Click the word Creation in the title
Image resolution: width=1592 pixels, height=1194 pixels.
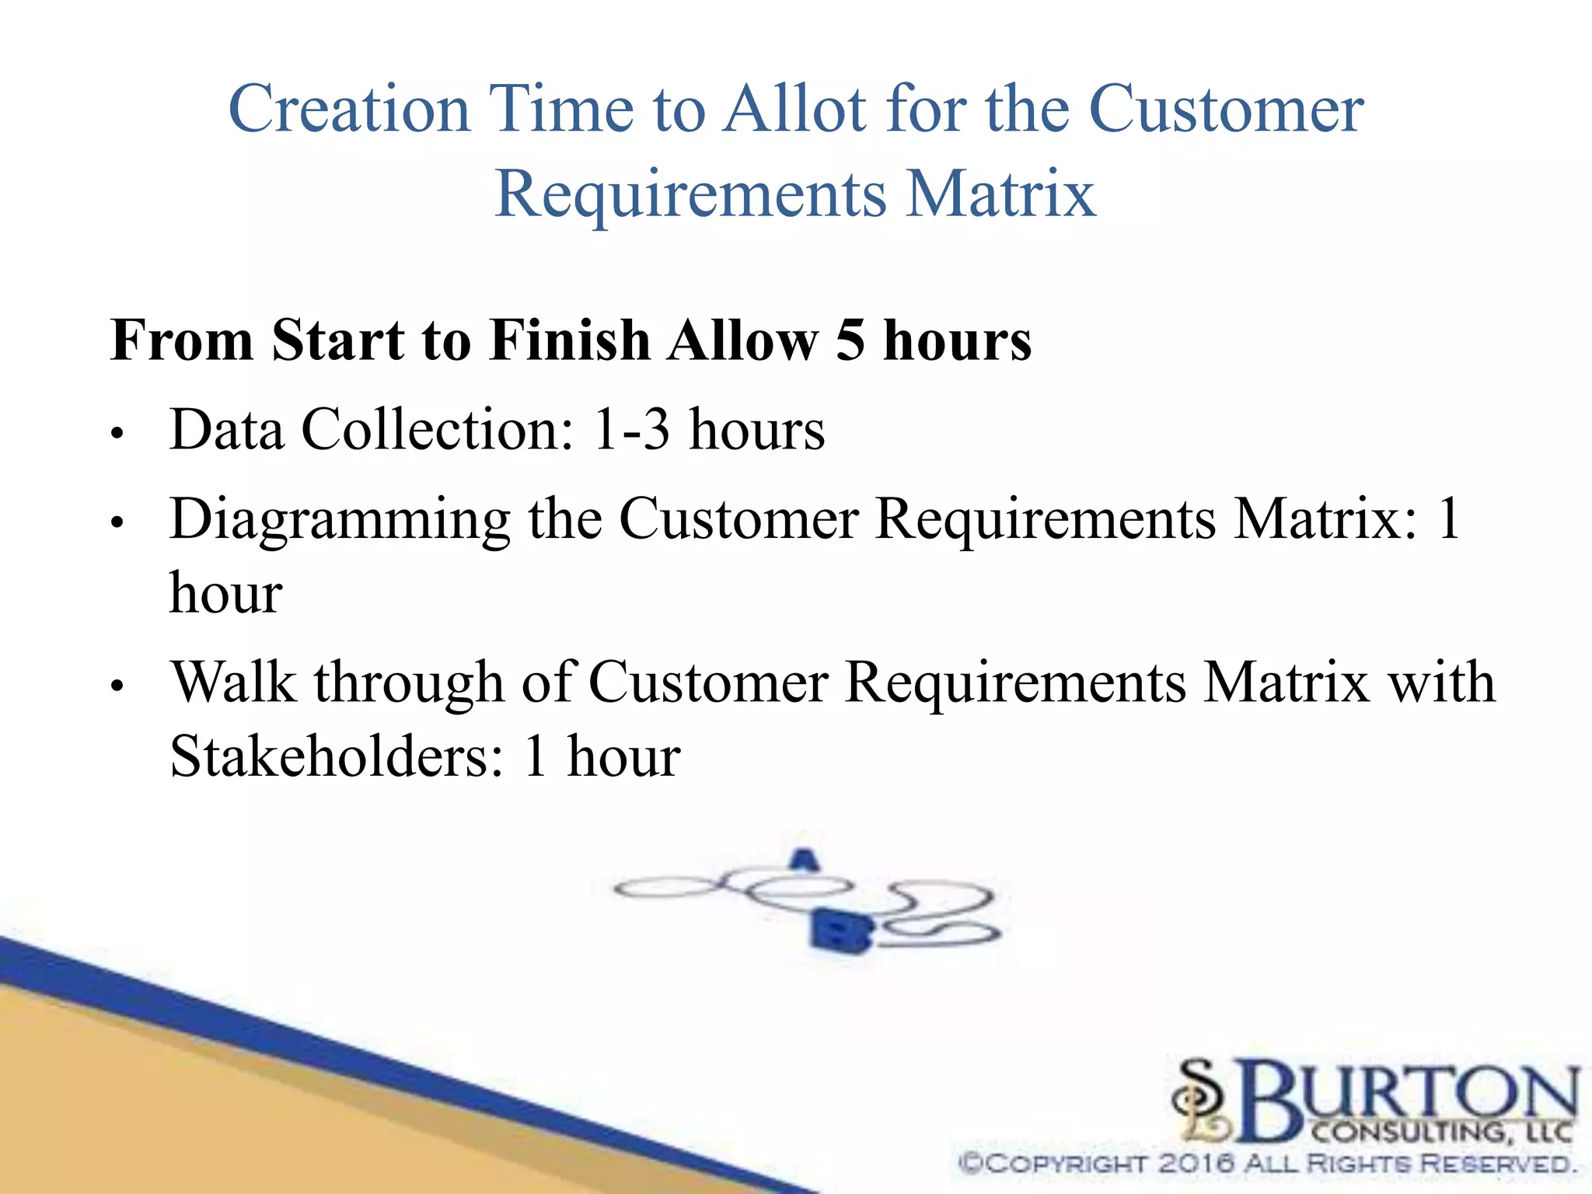(349, 110)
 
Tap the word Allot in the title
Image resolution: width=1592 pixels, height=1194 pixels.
(794, 110)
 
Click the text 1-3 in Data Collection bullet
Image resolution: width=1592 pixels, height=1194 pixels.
(630, 429)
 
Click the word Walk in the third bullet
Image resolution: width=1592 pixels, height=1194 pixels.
(233, 683)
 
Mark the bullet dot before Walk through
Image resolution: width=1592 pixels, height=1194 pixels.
(117, 686)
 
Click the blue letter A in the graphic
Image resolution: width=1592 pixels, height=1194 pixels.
(805, 860)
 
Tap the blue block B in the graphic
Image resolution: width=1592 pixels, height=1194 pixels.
(840, 930)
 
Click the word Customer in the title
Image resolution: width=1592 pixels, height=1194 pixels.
(1226, 110)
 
